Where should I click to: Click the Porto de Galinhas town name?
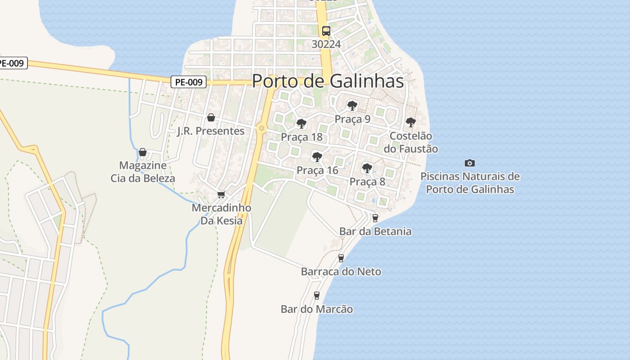(x=328, y=81)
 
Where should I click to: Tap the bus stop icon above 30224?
(x=326, y=31)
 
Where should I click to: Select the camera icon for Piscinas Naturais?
(x=470, y=163)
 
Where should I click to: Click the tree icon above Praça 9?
(x=352, y=106)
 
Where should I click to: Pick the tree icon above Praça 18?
(x=301, y=123)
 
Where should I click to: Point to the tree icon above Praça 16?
(x=317, y=157)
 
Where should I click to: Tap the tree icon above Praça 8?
(x=367, y=168)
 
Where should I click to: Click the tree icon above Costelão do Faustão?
(x=410, y=122)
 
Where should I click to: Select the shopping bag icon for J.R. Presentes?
(x=211, y=117)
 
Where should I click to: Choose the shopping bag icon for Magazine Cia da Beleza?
(x=143, y=152)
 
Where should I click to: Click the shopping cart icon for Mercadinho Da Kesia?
(x=221, y=194)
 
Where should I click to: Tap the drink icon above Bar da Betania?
(x=375, y=218)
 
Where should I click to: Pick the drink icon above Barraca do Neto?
(x=341, y=258)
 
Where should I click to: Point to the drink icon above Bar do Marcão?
(x=317, y=295)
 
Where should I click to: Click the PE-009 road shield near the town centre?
(x=189, y=82)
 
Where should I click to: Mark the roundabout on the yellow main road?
(x=261, y=129)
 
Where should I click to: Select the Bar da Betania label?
(x=375, y=231)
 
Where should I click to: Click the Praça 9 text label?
(x=352, y=119)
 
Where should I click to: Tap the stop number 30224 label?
(x=326, y=44)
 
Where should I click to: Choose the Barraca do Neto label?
(x=341, y=271)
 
